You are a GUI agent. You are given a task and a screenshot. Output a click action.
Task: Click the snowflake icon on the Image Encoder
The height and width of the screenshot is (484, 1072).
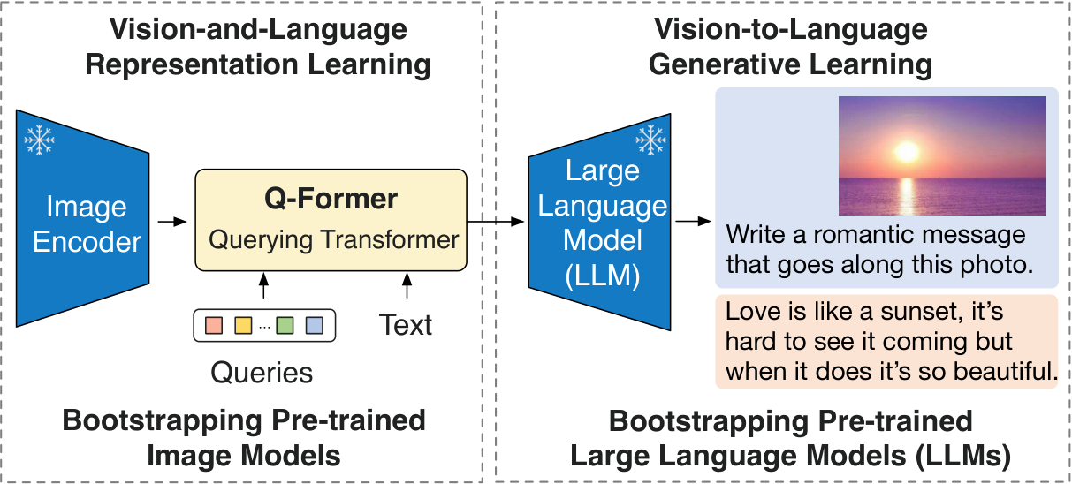point(39,140)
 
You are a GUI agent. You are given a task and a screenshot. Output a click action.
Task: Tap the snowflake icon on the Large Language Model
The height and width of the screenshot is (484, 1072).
point(651,140)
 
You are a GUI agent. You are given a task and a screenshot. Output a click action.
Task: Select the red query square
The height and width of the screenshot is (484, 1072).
point(214,325)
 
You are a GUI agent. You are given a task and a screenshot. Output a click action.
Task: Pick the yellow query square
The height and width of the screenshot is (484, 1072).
point(243,325)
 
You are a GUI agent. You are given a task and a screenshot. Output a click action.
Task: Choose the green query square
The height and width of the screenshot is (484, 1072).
point(285,325)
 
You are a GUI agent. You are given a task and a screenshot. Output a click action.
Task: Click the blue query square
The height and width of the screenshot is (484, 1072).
point(314,325)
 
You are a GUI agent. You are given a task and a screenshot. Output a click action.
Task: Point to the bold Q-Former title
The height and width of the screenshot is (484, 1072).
point(331,199)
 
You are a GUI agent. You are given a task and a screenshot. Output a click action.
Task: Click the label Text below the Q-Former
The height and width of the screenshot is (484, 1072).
point(406,325)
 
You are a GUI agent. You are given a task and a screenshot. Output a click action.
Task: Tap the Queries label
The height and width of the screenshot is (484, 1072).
point(262,373)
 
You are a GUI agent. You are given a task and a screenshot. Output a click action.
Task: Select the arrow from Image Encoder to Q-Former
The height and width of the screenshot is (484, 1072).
point(172,222)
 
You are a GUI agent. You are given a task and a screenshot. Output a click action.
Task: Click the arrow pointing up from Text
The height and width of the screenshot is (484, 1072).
point(407,288)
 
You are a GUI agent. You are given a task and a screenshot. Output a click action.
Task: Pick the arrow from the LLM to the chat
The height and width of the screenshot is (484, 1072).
point(693,222)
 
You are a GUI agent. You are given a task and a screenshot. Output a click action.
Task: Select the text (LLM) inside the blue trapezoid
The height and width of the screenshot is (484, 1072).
point(602,276)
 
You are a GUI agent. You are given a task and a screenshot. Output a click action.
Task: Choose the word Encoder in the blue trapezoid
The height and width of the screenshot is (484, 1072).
point(87,242)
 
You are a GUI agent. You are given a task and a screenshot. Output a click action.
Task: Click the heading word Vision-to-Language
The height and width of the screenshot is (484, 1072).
point(790,30)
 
